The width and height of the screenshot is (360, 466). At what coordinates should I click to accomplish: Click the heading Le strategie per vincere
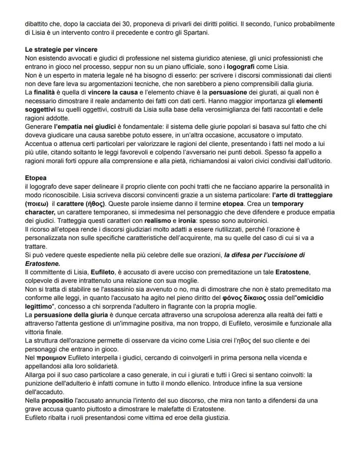click(x=61, y=50)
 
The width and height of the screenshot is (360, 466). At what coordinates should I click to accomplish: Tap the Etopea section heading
click(x=36, y=178)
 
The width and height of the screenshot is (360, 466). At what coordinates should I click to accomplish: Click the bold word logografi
click(x=242, y=66)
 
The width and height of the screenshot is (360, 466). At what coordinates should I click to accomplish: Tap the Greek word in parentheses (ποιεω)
click(x=37, y=204)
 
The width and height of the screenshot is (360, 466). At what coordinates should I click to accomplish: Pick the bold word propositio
click(x=60, y=400)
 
